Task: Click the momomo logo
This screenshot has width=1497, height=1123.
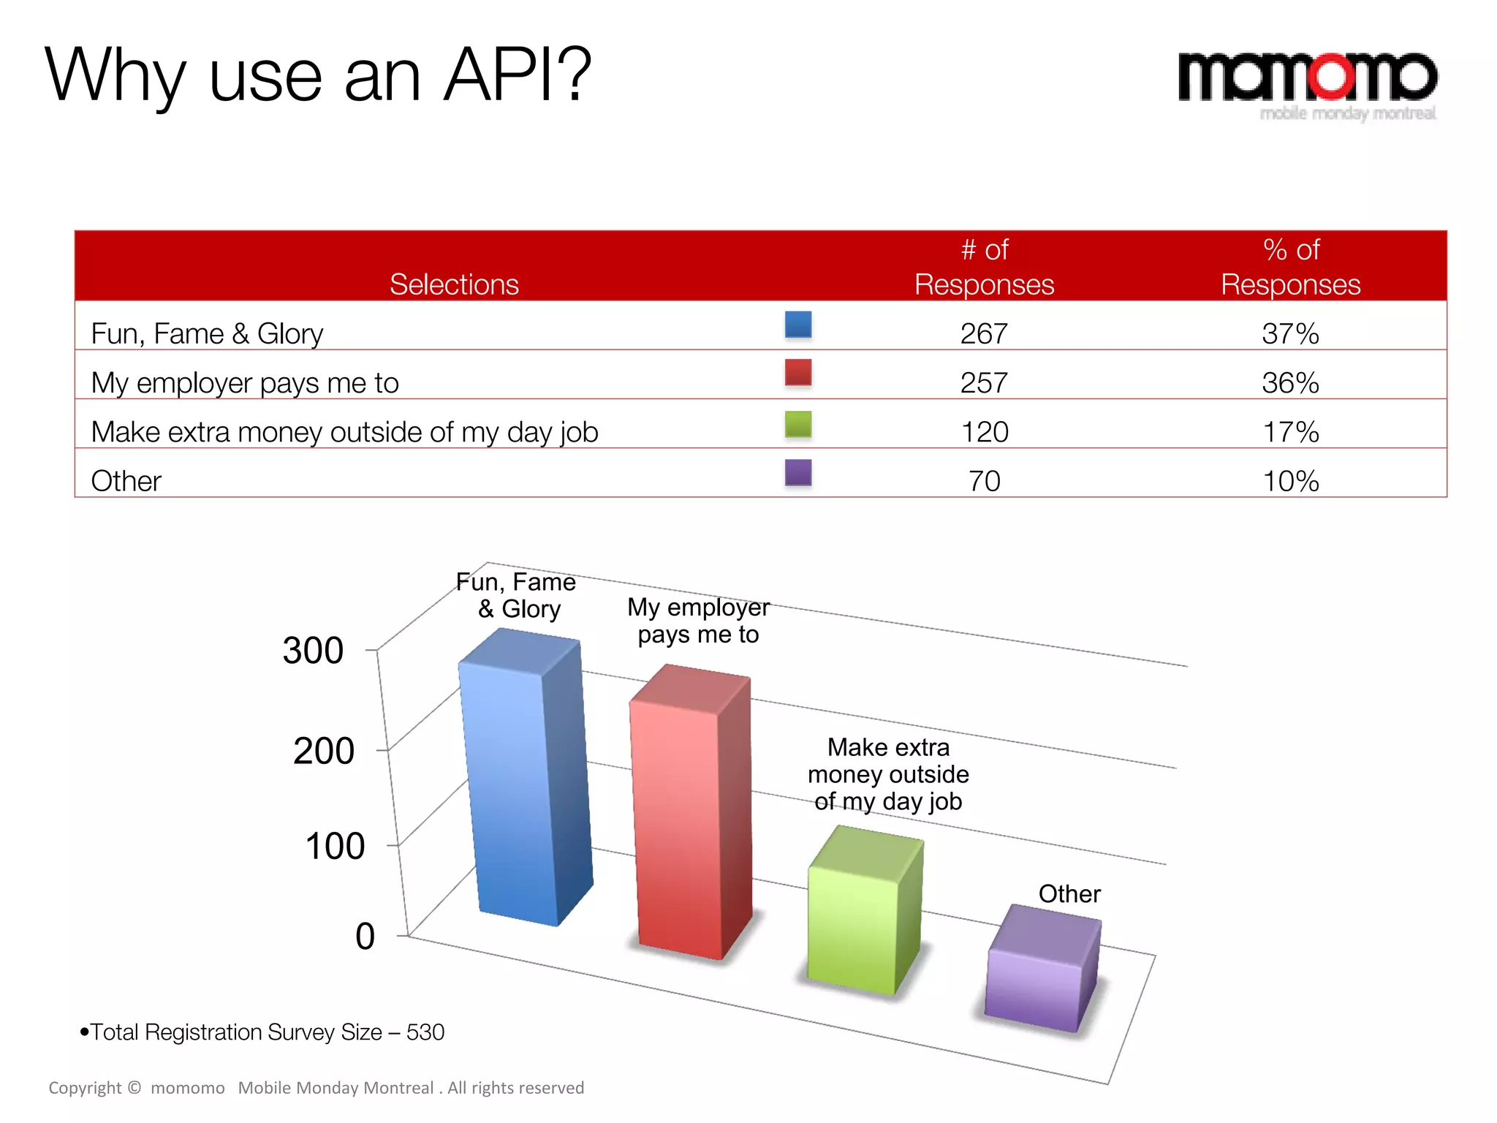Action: (x=1307, y=82)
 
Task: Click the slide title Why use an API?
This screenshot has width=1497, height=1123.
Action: (x=318, y=75)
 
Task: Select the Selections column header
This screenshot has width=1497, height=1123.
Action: (x=454, y=284)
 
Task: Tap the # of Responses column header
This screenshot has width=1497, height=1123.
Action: (x=984, y=267)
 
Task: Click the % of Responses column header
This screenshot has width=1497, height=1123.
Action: (x=1290, y=267)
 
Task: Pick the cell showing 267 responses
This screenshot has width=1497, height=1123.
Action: (x=984, y=334)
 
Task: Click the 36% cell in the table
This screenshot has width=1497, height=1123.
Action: (x=1290, y=383)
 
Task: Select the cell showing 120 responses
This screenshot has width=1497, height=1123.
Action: (x=984, y=432)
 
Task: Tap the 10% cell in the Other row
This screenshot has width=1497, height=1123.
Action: (x=1290, y=481)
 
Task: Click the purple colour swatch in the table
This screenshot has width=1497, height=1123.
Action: (x=797, y=472)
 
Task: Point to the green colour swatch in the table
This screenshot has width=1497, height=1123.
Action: (x=797, y=424)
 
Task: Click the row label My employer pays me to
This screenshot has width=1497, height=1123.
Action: (x=245, y=383)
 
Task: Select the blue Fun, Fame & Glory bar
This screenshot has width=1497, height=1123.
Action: (x=523, y=782)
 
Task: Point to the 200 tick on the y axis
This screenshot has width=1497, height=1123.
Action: (x=324, y=751)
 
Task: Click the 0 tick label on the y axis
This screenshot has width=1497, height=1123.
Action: (x=365, y=937)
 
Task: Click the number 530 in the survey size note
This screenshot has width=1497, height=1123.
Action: (x=425, y=1032)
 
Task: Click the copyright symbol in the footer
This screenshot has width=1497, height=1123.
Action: (x=134, y=1087)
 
